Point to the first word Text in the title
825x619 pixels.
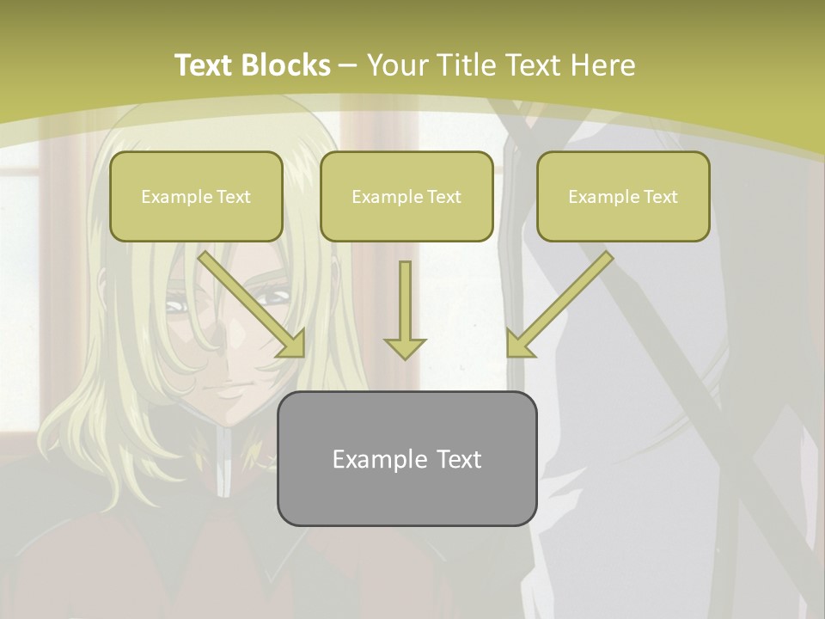coord(205,65)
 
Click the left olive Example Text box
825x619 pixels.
coord(196,197)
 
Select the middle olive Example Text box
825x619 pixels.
coord(406,197)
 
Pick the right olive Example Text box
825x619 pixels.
coord(623,197)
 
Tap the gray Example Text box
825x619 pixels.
coord(406,459)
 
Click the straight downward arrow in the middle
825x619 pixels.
coord(405,301)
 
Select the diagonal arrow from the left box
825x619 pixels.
coord(249,303)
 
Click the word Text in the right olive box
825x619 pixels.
coord(660,197)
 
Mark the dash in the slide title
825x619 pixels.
coord(348,66)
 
